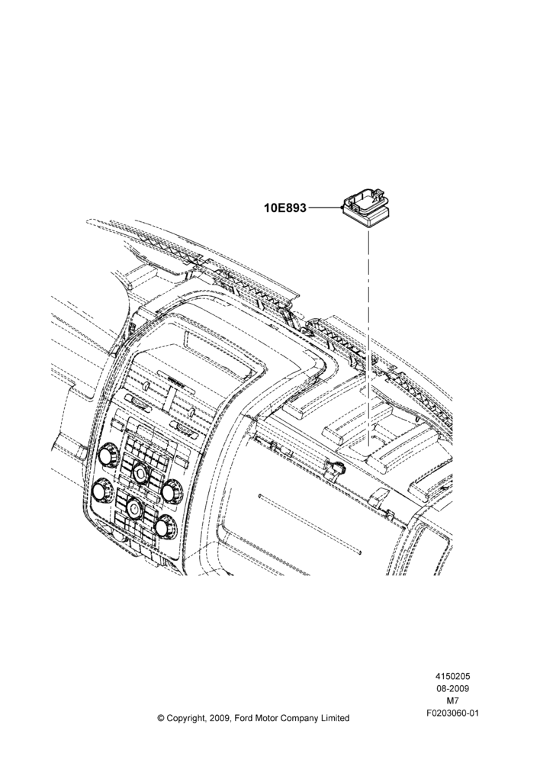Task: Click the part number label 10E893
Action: click(285, 208)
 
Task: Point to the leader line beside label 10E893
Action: click(325, 208)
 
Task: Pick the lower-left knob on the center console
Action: click(102, 490)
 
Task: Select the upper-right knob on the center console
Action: click(170, 491)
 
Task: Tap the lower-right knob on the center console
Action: click(164, 526)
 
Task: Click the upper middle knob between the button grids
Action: click(140, 472)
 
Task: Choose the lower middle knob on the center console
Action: click(133, 507)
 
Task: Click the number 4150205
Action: click(452, 676)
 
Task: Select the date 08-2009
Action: click(452, 688)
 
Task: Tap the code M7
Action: click(452, 701)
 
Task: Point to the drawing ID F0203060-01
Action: click(452, 714)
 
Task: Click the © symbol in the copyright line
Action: click(161, 718)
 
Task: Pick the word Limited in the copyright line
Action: click(334, 718)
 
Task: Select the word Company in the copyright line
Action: click(298, 719)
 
